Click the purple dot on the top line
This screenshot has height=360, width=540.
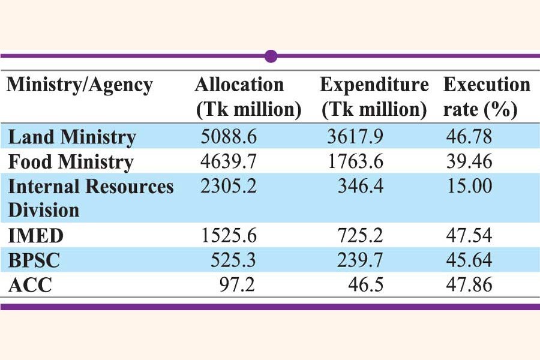click(x=271, y=56)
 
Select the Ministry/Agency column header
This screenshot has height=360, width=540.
click(x=80, y=85)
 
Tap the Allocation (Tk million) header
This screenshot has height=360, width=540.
click(x=248, y=97)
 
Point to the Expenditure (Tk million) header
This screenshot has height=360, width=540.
click(x=374, y=97)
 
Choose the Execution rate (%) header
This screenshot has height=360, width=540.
click(x=487, y=97)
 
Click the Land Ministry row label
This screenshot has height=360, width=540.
click(x=71, y=137)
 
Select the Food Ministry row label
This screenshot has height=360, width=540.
click(x=70, y=162)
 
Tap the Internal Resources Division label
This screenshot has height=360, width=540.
click(x=91, y=198)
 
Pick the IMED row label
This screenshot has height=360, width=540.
click(x=36, y=236)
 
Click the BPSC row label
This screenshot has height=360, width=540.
click(x=35, y=260)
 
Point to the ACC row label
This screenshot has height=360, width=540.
click(x=30, y=285)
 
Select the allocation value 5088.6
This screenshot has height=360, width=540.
click(x=229, y=137)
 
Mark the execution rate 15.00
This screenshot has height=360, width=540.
click(x=469, y=186)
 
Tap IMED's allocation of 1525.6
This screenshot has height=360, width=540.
click(x=229, y=236)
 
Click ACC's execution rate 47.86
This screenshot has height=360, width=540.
click(x=469, y=285)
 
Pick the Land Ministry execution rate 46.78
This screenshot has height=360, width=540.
click(x=469, y=137)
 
